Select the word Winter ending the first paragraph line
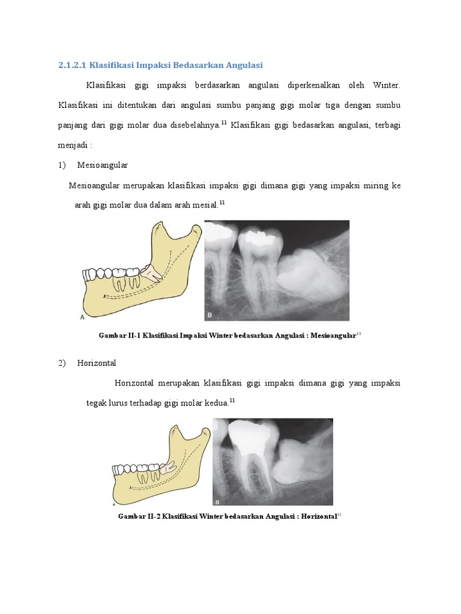(386, 85)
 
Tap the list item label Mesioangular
(103, 164)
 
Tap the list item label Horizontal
(97, 363)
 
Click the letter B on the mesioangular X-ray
(210, 314)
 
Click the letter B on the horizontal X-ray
(218, 501)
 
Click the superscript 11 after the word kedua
(232, 401)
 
